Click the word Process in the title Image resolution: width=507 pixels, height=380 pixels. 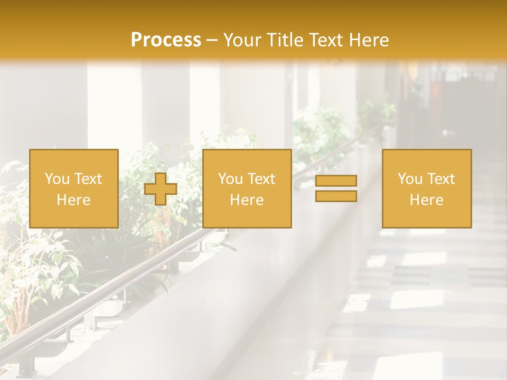[166, 40]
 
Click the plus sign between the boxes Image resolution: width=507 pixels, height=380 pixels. [161, 189]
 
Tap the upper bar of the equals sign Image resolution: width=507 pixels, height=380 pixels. [336, 180]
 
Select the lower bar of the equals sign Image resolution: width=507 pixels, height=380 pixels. [336, 196]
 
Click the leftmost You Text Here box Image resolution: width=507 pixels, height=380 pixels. [74, 188]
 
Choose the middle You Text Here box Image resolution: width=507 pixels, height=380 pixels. [247, 188]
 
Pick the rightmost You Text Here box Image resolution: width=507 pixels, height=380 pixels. [427, 188]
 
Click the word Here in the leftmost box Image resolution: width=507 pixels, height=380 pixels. [74, 200]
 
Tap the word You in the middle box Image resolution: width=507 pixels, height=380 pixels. [230, 179]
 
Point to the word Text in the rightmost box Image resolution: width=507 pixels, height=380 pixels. [439, 179]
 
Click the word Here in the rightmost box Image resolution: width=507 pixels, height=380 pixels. [427, 200]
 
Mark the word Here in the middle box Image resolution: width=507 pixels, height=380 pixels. [247, 200]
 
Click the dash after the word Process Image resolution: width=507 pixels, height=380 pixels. [212, 41]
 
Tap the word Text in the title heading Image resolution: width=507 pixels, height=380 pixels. [324, 40]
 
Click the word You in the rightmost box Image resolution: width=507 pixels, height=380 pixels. [410, 179]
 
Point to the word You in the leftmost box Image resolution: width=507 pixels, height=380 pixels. [57, 179]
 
